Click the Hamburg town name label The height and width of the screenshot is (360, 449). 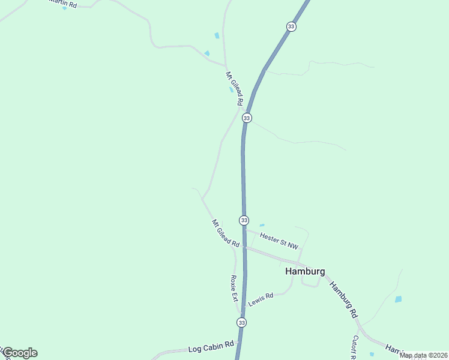click(305, 271)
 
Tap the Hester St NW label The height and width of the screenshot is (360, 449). click(279, 242)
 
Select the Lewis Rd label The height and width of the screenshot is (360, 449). click(261, 299)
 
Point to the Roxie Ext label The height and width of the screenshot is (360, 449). click(234, 289)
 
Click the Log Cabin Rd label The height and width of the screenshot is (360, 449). click(210, 346)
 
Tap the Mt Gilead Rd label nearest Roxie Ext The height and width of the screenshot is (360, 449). click(226, 233)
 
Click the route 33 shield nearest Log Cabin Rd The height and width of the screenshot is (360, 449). click(241, 323)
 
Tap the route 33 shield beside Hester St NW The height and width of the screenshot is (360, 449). click(244, 220)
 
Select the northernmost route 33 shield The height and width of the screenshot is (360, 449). click(291, 26)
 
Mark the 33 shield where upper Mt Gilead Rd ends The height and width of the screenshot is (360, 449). click(247, 118)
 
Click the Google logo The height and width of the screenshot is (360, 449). click(20, 353)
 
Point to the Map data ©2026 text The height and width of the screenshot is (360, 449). click(423, 355)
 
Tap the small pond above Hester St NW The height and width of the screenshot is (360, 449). click(262, 225)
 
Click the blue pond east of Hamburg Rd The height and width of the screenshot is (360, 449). click(398, 299)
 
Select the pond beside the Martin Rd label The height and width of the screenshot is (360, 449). click(65, 8)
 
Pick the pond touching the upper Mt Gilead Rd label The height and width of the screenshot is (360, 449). click(231, 91)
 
